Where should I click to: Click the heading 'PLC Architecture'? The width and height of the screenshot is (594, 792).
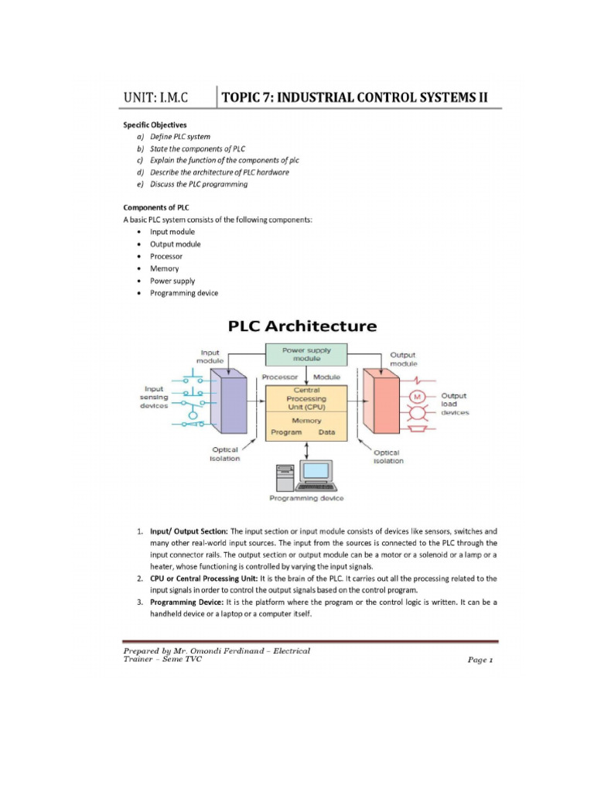click(x=302, y=326)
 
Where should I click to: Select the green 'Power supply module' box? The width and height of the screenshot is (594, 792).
click(x=306, y=354)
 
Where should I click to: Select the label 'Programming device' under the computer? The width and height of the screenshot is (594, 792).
click(x=306, y=499)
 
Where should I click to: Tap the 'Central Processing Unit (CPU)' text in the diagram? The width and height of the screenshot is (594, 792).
click(x=306, y=398)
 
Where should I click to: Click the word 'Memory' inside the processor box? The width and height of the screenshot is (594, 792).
click(x=306, y=421)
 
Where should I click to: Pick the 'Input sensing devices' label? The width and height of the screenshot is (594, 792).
click(x=155, y=397)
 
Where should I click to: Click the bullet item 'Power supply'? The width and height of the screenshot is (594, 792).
click(x=172, y=281)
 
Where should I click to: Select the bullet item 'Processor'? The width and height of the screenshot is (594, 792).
click(x=166, y=256)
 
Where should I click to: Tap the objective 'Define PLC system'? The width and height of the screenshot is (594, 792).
click(x=180, y=136)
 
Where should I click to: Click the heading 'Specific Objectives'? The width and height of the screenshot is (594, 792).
click(x=155, y=124)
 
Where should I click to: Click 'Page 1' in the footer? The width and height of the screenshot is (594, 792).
click(x=480, y=660)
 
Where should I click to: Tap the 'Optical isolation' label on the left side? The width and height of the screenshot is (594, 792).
click(x=225, y=454)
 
